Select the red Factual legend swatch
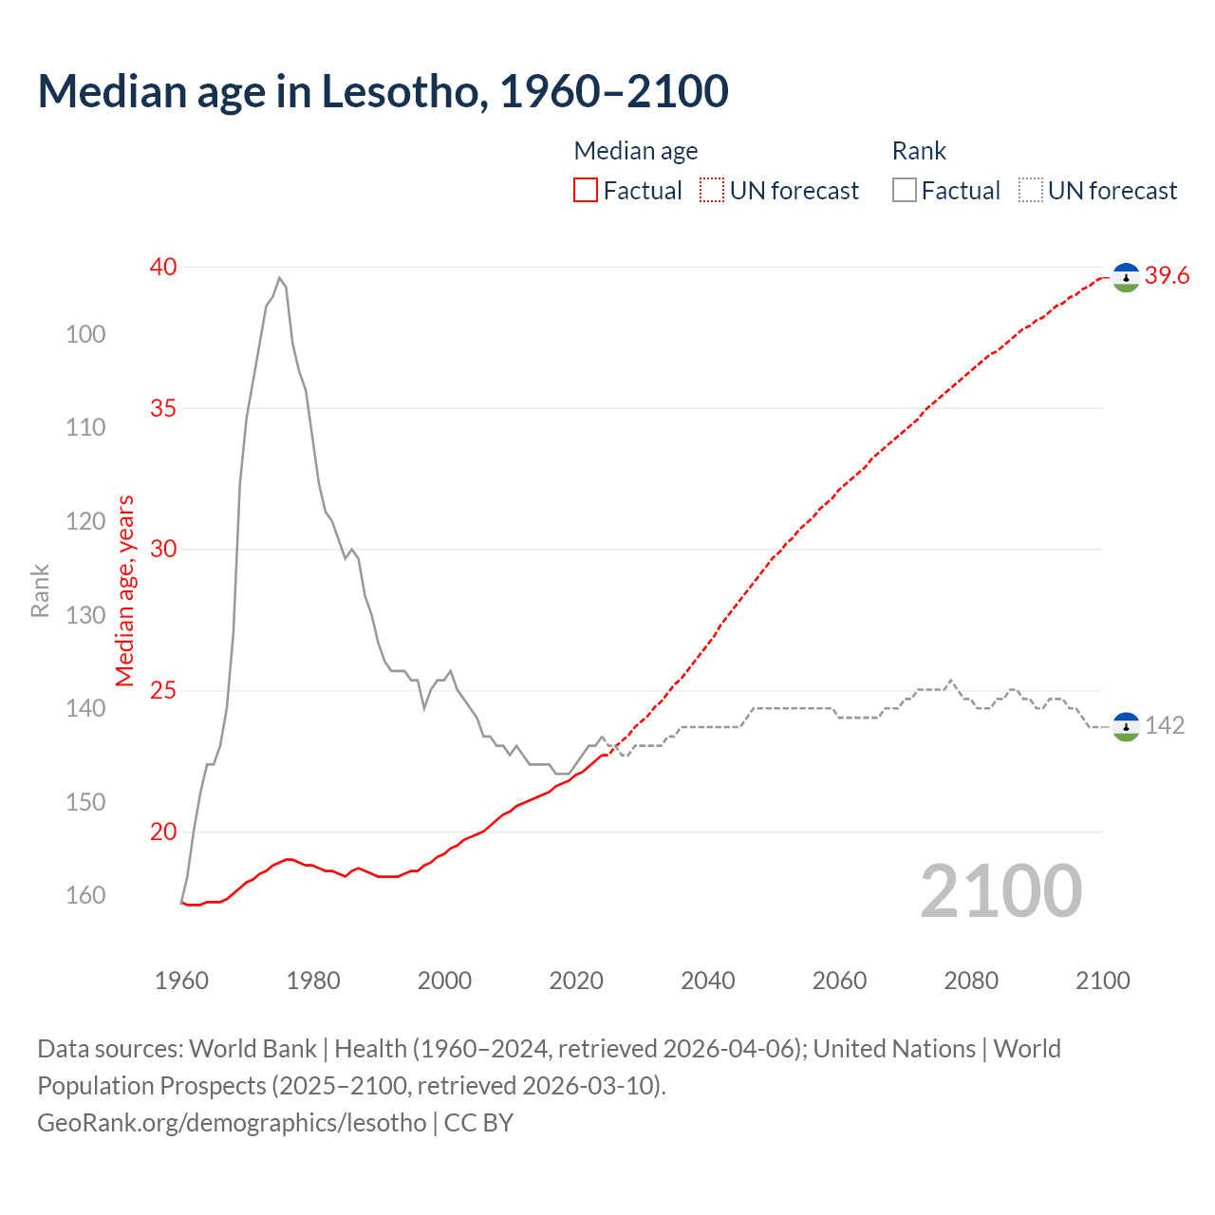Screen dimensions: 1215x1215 pos(586,191)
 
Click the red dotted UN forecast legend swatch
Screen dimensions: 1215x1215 pos(712,191)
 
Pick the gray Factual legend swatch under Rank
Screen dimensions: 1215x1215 pos(905,191)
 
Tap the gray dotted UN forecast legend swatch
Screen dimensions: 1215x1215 pos(1031,191)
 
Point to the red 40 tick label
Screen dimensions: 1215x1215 pos(163,267)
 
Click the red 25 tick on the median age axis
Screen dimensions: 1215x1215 pos(163,690)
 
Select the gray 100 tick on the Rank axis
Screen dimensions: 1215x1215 pos(85,334)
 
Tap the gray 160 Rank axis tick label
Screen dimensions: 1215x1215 pos(85,895)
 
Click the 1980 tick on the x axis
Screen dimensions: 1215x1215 pos(313,981)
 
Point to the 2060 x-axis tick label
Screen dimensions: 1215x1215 pos(839,981)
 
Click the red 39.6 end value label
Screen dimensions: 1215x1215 pos(1167,276)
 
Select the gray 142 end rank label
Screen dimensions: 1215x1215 pos(1165,726)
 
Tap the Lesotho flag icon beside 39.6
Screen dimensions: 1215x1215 pos(1126,277)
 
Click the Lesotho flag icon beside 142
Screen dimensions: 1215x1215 pos(1126,727)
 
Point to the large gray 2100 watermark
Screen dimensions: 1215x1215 pos(1001,891)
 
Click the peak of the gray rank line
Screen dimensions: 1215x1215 pos(279,278)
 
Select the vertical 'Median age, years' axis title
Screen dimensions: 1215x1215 pos(125,590)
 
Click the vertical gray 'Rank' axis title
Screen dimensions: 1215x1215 pos(40,591)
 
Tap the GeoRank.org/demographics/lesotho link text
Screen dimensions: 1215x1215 pos(232,1123)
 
